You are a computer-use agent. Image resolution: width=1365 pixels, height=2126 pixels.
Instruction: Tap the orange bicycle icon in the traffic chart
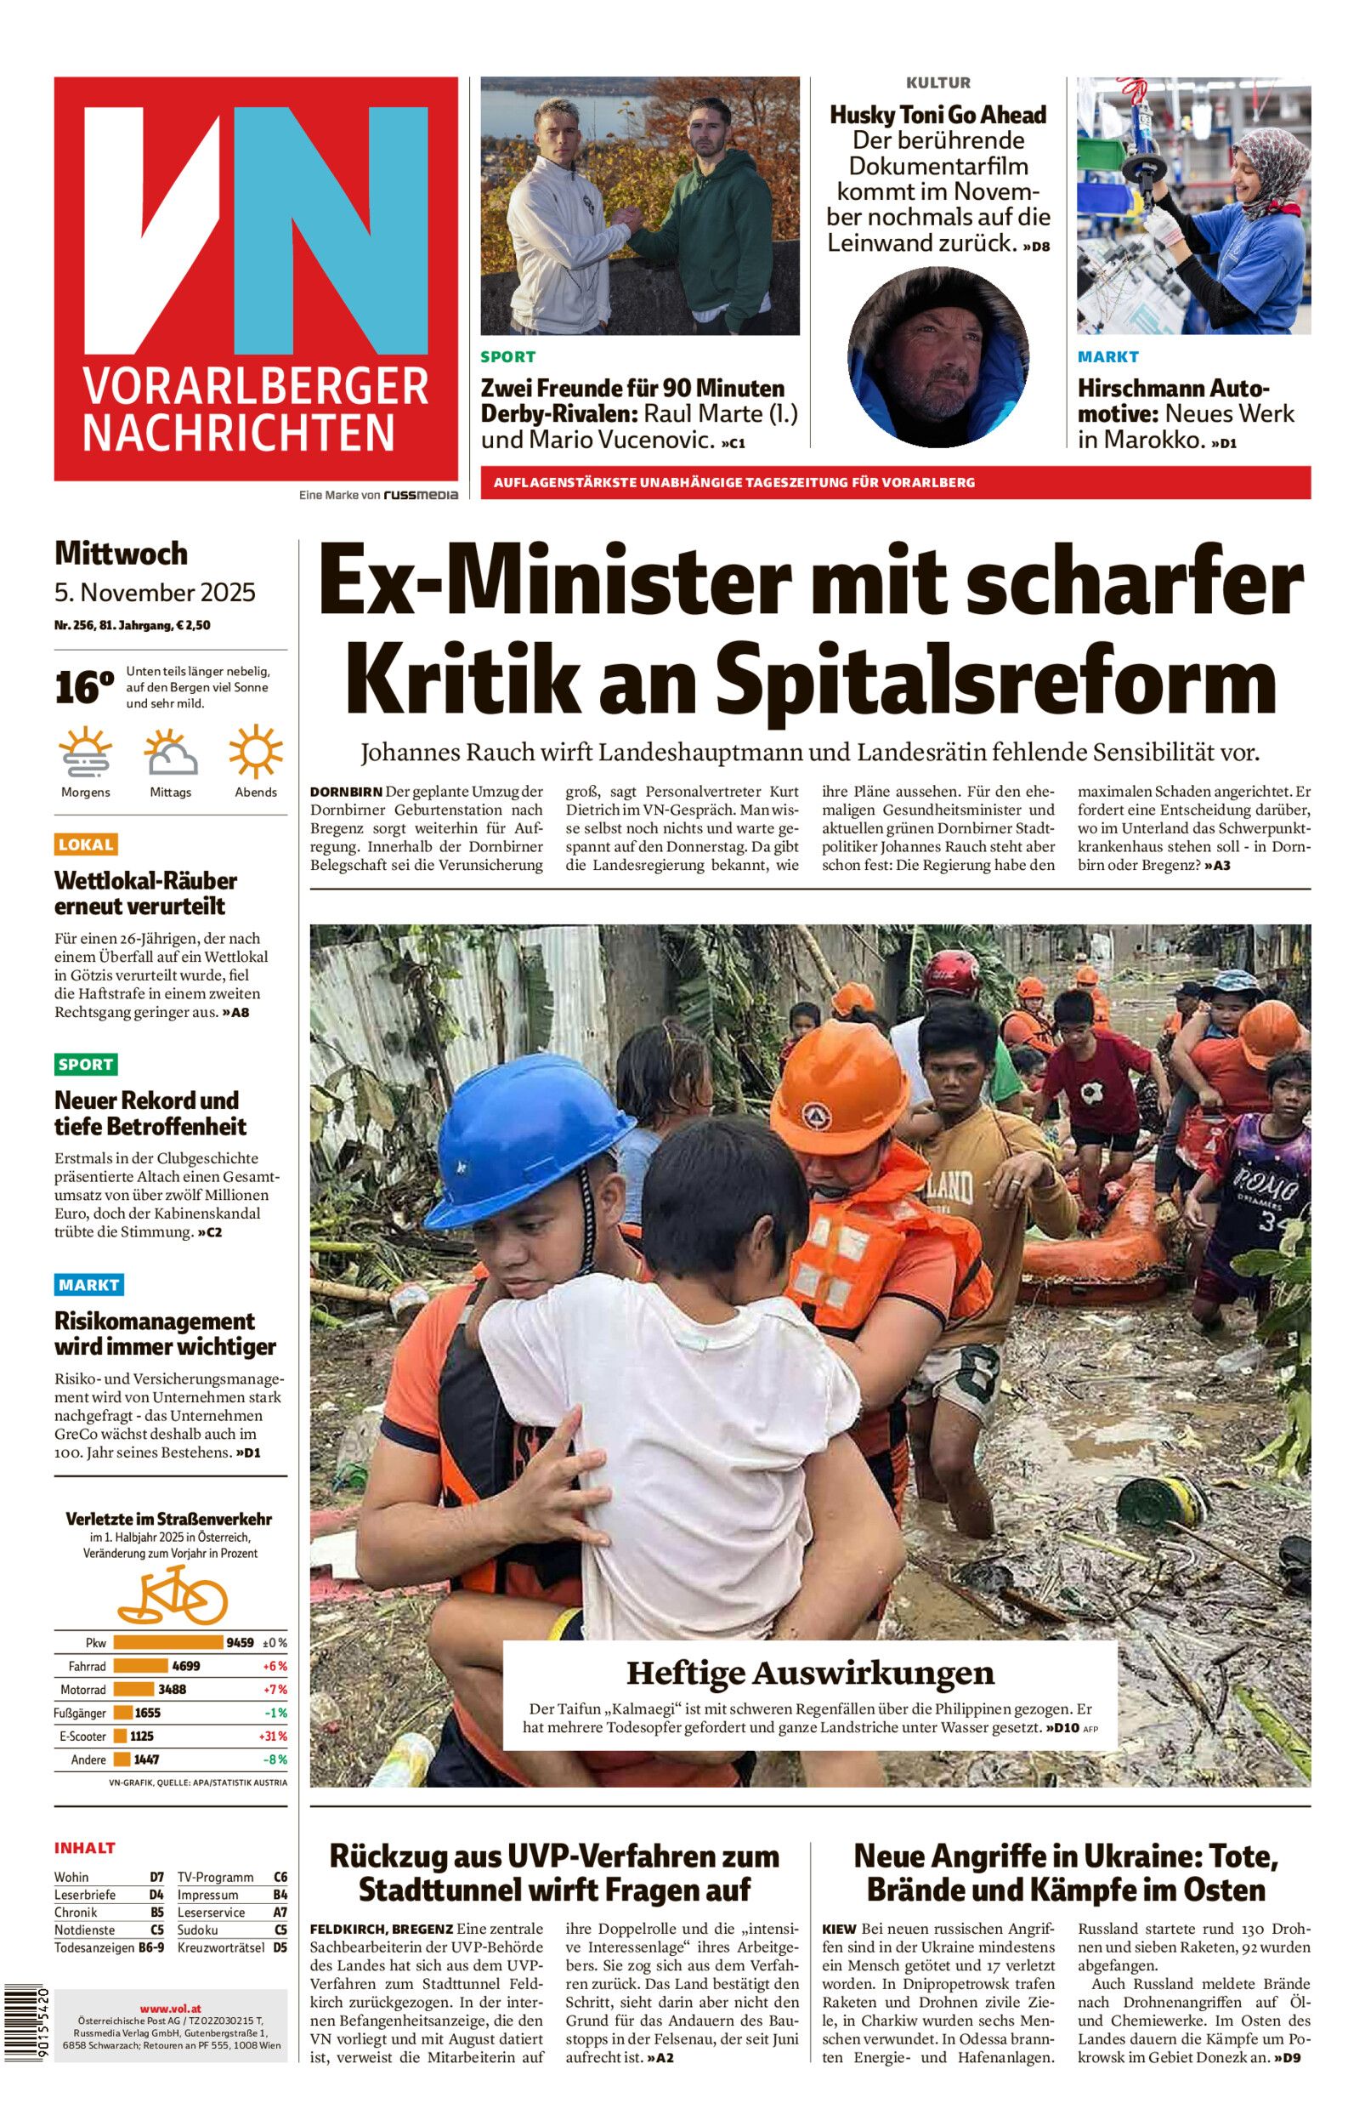pyautogui.click(x=173, y=1595)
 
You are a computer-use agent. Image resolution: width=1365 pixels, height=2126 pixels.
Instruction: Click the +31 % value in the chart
pyautogui.click(x=272, y=1736)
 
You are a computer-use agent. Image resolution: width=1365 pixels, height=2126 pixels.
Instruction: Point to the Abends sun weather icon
pyautogui.click(x=255, y=752)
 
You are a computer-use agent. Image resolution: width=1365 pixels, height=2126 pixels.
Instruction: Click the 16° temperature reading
pyautogui.click(x=84, y=688)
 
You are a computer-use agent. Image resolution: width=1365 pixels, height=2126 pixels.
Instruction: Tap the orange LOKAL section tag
pyautogui.click(x=86, y=844)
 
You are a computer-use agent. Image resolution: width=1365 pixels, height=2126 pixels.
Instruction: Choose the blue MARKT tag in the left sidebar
pyautogui.click(x=88, y=1284)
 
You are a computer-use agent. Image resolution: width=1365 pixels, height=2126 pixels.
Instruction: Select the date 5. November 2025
pyautogui.click(x=155, y=592)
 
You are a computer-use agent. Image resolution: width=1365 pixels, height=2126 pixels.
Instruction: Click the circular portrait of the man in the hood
pyautogui.click(x=937, y=357)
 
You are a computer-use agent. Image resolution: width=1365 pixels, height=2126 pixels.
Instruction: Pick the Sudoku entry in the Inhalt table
pyautogui.click(x=197, y=1930)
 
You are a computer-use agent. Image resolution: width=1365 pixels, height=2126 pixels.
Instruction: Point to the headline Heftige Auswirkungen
pyautogui.click(x=810, y=1673)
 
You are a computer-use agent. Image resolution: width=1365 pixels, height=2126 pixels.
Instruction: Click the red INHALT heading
pyautogui.click(x=85, y=1848)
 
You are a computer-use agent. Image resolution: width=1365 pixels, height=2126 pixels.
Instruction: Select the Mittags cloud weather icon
pyautogui.click(x=171, y=752)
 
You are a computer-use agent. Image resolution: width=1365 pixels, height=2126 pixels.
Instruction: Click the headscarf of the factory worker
pyautogui.click(x=1275, y=160)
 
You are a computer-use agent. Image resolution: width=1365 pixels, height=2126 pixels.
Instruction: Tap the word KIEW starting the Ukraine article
pyautogui.click(x=839, y=1929)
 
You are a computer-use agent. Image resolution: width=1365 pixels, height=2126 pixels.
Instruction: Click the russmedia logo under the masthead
pyautogui.click(x=420, y=495)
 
